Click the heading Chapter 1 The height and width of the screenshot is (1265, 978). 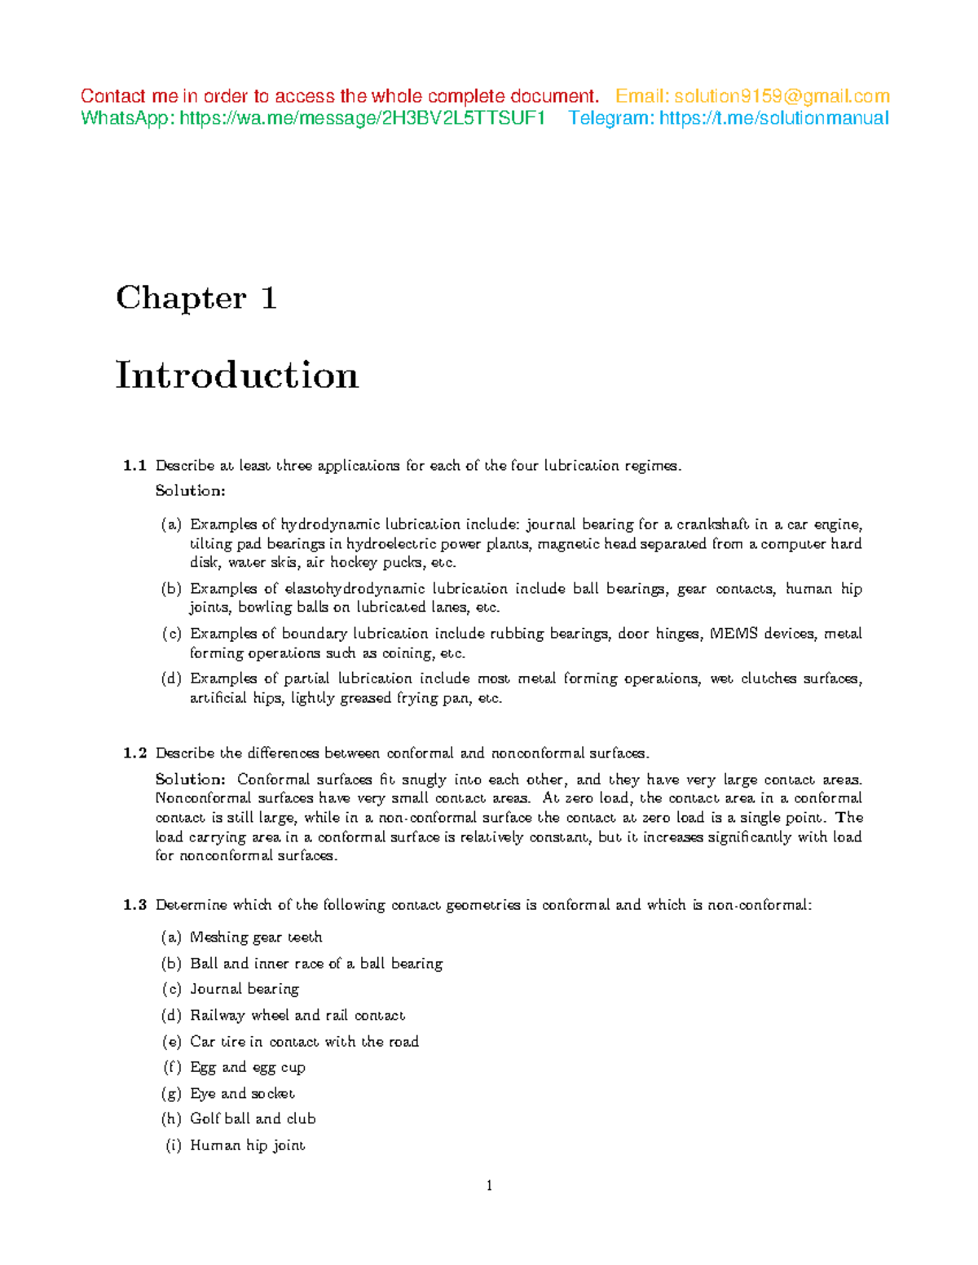(196, 298)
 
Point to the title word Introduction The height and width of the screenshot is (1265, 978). (237, 376)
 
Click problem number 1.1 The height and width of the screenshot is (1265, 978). (134, 466)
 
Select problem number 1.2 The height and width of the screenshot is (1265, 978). (134, 753)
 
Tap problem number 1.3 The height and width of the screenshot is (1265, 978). (134, 905)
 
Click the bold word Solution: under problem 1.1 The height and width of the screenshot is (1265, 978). (190, 491)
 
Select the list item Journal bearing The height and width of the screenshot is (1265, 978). (244, 989)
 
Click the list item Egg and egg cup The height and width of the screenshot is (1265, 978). (248, 1067)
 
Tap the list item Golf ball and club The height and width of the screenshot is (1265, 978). (253, 1119)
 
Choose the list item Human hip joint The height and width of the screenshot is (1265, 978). (247, 1145)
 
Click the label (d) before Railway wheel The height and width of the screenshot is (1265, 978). (171, 1016)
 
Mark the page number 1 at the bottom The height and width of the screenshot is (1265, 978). (489, 1186)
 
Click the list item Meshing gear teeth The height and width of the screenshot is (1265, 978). (256, 938)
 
